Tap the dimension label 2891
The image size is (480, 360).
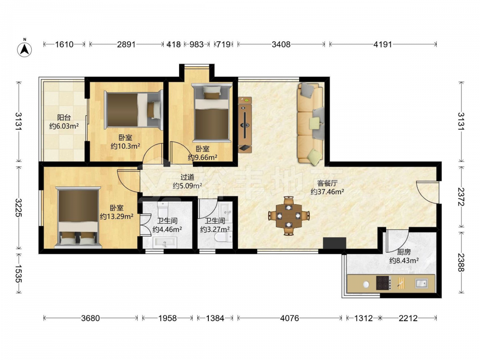tap(126, 44)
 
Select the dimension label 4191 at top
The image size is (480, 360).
tap(383, 44)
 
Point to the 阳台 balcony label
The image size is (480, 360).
tap(64, 117)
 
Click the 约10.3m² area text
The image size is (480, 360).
tap(125, 146)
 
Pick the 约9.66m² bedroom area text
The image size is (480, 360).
tap(203, 157)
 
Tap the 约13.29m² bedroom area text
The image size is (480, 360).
tap(117, 216)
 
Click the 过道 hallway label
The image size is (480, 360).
tap(187, 177)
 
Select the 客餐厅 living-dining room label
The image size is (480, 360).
tap(327, 183)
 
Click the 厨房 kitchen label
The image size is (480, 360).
tap(404, 252)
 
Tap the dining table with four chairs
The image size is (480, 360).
tap(288, 216)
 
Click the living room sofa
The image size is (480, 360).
tap(311, 122)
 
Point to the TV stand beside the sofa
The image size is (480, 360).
tap(245, 125)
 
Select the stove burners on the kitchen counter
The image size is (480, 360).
tap(384, 283)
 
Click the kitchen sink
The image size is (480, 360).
tap(421, 283)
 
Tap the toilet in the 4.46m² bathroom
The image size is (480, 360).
tap(163, 209)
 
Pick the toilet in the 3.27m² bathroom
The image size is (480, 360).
tap(223, 237)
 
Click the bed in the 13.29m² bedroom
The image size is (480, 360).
tap(78, 217)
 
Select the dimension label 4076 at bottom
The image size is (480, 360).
tap(289, 318)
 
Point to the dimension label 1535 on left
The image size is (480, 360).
tap(19, 274)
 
